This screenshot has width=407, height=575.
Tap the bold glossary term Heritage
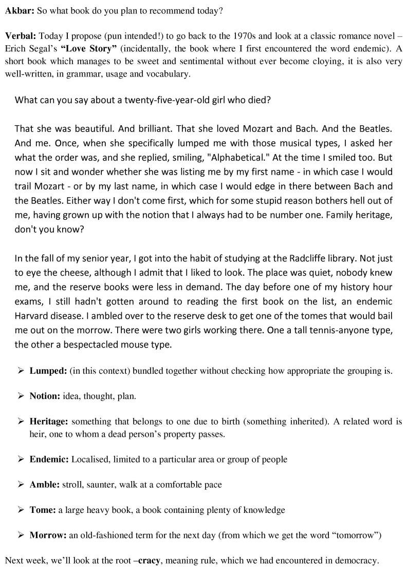pyautogui.click(x=49, y=421)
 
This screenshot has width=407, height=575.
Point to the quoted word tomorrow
pyautogui.click(x=358, y=535)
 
